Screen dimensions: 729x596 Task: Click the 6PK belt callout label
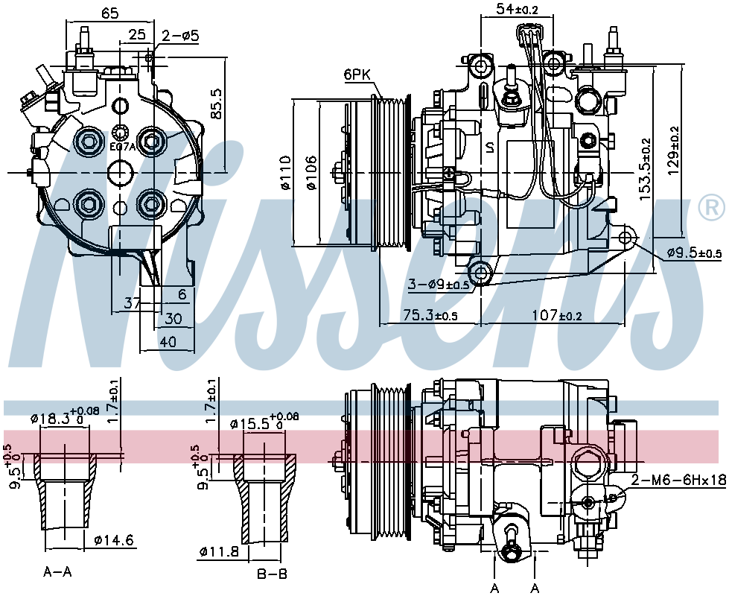pos(357,75)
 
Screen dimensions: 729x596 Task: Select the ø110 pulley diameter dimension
pos(285,173)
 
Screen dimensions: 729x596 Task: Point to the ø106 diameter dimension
pos(311,173)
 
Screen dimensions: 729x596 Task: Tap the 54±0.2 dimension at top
pos(518,8)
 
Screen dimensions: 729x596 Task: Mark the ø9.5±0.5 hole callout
pos(695,253)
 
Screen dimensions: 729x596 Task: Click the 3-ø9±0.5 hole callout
pos(439,284)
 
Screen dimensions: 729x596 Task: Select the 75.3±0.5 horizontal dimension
pos(430,315)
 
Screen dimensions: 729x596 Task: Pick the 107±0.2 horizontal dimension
pos(557,315)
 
